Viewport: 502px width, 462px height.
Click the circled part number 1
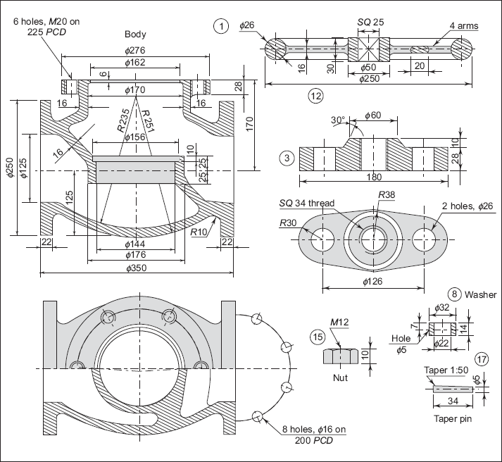pyautogui.click(x=221, y=26)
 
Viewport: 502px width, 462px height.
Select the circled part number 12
pyautogui.click(x=315, y=96)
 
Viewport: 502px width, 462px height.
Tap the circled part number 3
pyautogui.click(x=287, y=158)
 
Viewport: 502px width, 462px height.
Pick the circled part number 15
pyautogui.click(x=318, y=337)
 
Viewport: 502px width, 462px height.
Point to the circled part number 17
pyautogui.click(x=482, y=359)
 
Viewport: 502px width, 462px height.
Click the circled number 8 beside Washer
pyautogui.click(x=454, y=294)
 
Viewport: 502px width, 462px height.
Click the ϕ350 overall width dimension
pyautogui.click(x=137, y=268)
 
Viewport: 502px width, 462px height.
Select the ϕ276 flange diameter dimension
pyautogui.click(x=135, y=51)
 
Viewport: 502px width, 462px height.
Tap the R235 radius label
pyautogui.click(x=123, y=120)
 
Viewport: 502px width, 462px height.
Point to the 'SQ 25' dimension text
pyautogui.click(x=370, y=22)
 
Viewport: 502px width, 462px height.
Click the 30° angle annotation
pyautogui.click(x=338, y=120)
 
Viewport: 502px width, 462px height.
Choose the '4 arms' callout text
pyautogui.click(x=464, y=25)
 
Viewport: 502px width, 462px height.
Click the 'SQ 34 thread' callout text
pyautogui.click(x=307, y=204)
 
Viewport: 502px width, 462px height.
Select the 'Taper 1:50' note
pyautogui.click(x=446, y=370)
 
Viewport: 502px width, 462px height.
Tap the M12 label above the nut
pyautogui.click(x=339, y=322)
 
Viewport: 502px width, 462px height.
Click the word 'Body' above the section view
pyautogui.click(x=135, y=35)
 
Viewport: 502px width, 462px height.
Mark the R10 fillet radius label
pyautogui.click(x=199, y=232)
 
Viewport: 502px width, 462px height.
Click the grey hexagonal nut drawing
pyautogui.click(x=340, y=356)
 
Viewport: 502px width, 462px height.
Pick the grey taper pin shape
pyautogui.click(x=453, y=389)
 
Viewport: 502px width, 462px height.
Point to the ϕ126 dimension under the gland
pyautogui.click(x=372, y=282)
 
